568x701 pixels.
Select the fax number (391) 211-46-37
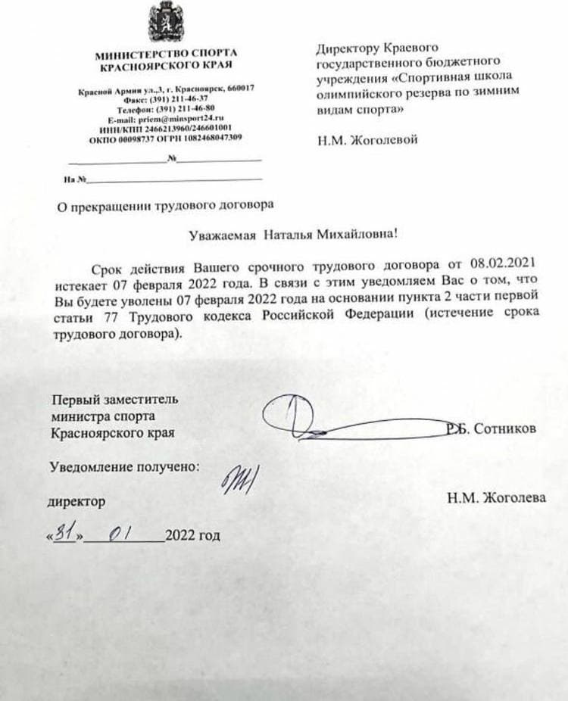pyautogui.click(x=181, y=100)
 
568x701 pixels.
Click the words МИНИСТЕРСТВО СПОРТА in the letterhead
pyautogui.click(x=166, y=53)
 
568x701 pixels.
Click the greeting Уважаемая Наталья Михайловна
pyautogui.click(x=292, y=235)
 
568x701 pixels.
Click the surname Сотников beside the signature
pyautogui.click(x=504, y=429)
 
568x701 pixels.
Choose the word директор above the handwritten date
pyautogui.click(x=76, y=501)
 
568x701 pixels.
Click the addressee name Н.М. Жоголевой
pyautogui.click(x=366, y=141)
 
